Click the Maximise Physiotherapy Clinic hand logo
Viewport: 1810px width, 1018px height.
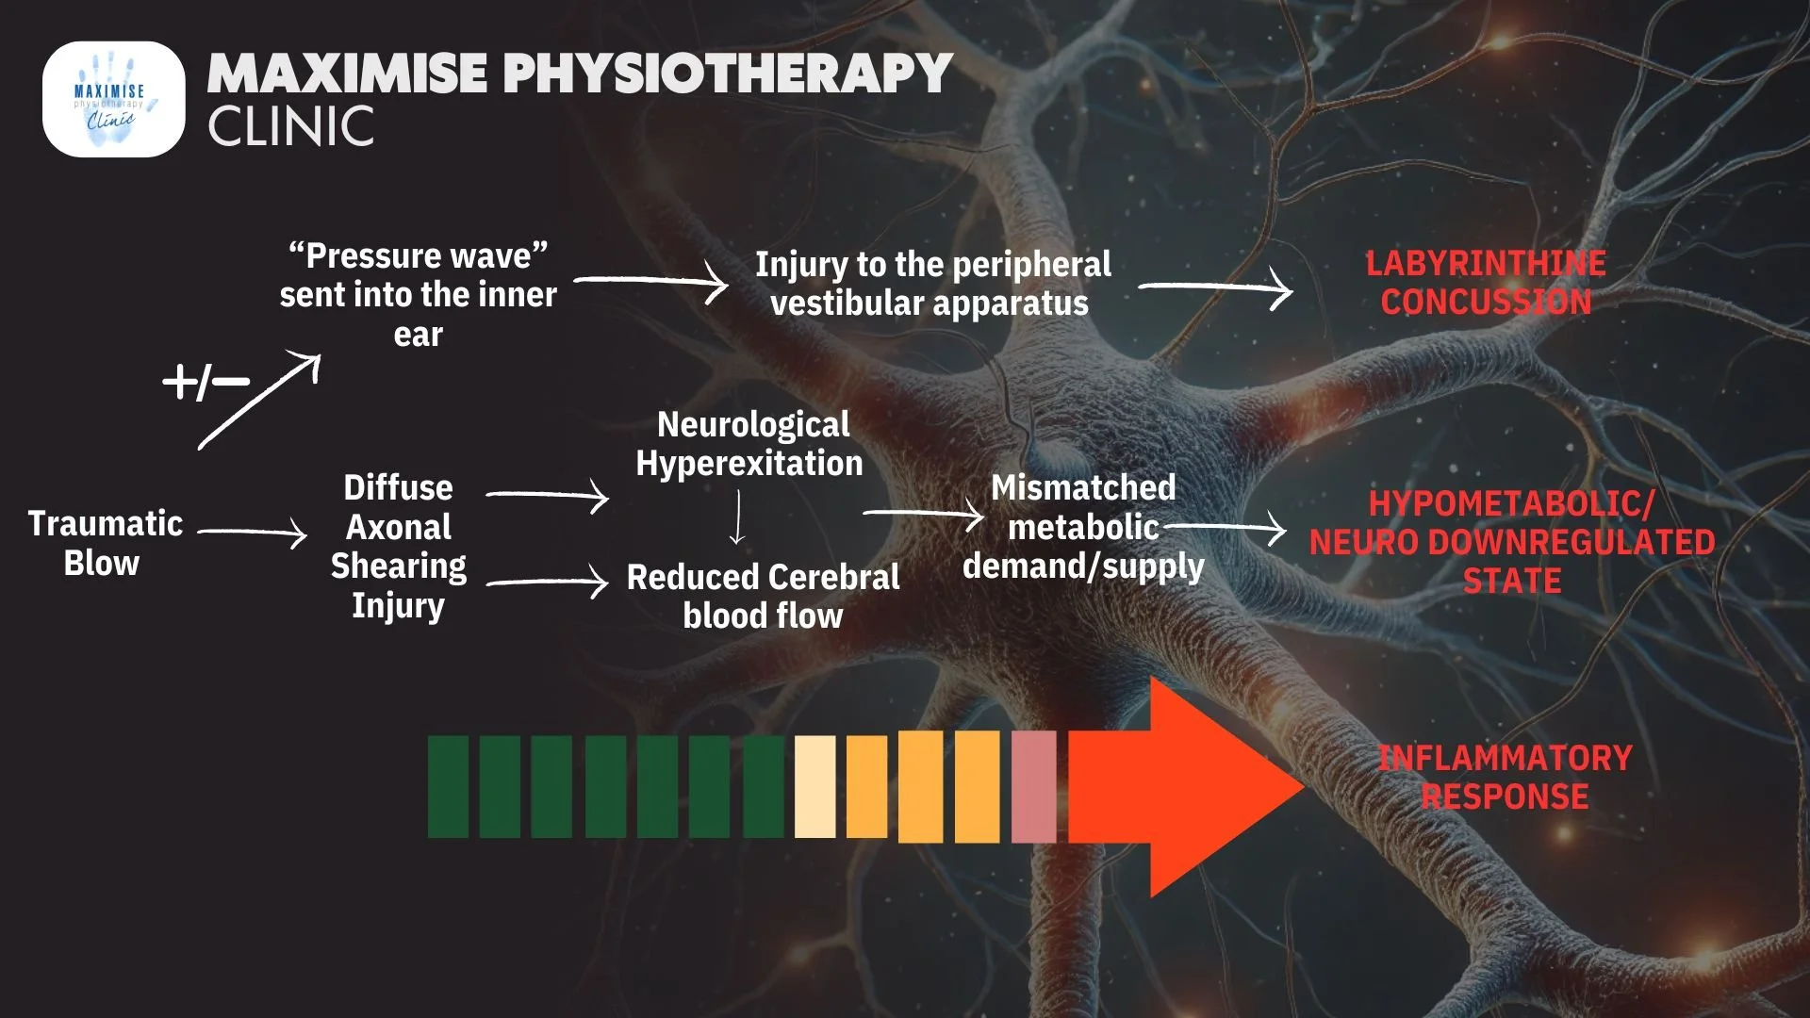[x=113, y=99]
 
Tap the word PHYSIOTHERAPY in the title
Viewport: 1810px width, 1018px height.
[x=727, y=74]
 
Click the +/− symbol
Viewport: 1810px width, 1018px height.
[x=206, y=382]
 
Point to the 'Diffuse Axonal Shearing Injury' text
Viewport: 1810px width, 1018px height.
[x=398, y=546]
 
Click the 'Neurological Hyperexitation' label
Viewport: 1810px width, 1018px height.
[x=750, y=444]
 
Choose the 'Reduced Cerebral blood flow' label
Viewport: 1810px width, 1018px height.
[x=763, y=596]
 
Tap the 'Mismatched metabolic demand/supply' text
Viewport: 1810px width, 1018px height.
[x=1083, y=527]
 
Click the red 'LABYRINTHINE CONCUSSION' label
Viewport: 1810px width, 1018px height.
[x=1486, y=283]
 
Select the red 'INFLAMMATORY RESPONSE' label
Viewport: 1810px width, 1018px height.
[x=1505, y=778]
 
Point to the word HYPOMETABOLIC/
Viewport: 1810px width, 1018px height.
[x=1511, y=503]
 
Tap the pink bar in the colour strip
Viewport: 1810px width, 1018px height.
[x=1033, y=787]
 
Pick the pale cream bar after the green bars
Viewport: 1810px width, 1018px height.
[x=814, y=787]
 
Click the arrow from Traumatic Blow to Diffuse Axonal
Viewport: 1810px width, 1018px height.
[x=253, y=533]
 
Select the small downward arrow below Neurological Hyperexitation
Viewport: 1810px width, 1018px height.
[x=737, y=518]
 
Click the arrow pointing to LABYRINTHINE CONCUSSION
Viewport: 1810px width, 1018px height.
[x=1216, y=287]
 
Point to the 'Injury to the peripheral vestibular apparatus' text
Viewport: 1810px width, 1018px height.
[x=932, y=284]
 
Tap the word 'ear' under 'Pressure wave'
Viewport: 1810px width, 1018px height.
[x=418, y=335]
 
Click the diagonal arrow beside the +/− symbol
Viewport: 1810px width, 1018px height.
[x=260, y=401]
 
